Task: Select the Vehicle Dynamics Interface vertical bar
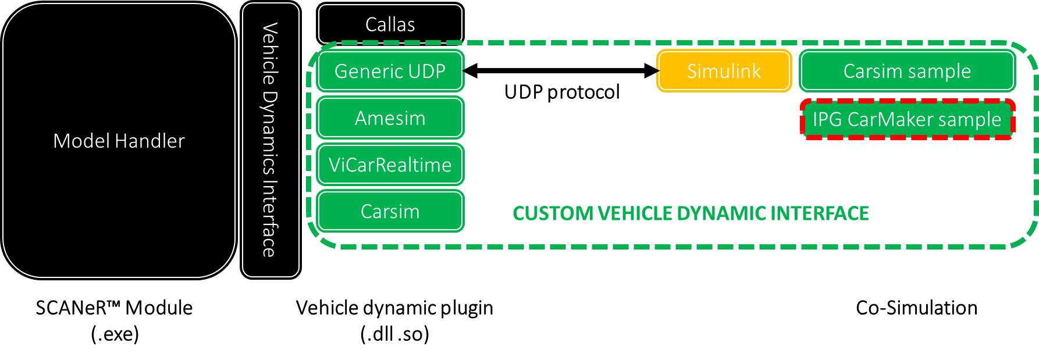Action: coord(271,140)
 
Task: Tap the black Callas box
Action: coord(390,24)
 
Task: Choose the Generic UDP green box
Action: coord(390,71)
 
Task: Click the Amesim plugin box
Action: coord(390,118)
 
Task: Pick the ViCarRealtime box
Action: coord(390,165)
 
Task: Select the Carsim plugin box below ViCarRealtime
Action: coord(390,212)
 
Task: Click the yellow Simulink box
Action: coord(724,71)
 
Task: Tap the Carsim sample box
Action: coord(907,71)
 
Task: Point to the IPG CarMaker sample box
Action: coord(907,119)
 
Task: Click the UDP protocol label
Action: coord(562,92)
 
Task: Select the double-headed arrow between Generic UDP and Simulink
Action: coord(561,71)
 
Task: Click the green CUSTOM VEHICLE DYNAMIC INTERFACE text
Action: coord(691,213)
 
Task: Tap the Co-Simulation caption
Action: coord(916,308)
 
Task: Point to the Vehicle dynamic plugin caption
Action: coord(394,308)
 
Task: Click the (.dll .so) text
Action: coord(394,334)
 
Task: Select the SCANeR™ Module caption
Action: coord(114,308)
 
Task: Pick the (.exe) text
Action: coord(115,334)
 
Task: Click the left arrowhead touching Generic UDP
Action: coord(470,71)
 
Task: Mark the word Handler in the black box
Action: coord(150,141)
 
